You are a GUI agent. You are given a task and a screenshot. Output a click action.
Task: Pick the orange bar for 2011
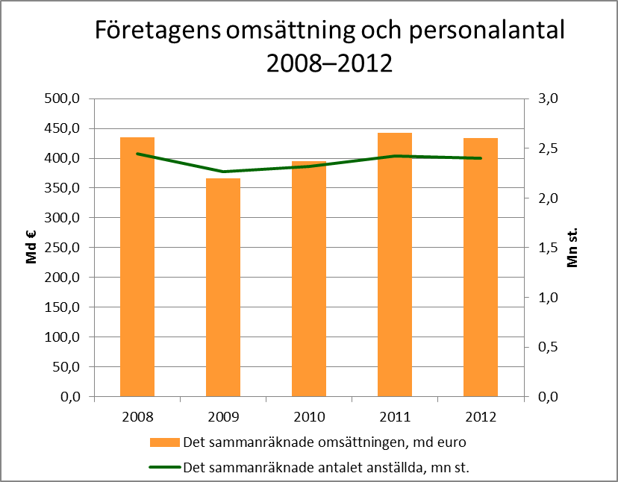[395, 264]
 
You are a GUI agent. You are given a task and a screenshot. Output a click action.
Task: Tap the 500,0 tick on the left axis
[63, 98]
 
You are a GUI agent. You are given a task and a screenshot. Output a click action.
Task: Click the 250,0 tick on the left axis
[63, 248]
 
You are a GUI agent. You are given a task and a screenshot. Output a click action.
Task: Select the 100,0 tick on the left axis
[63, 337]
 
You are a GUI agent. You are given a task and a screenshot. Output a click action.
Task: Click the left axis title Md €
[31, 248]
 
